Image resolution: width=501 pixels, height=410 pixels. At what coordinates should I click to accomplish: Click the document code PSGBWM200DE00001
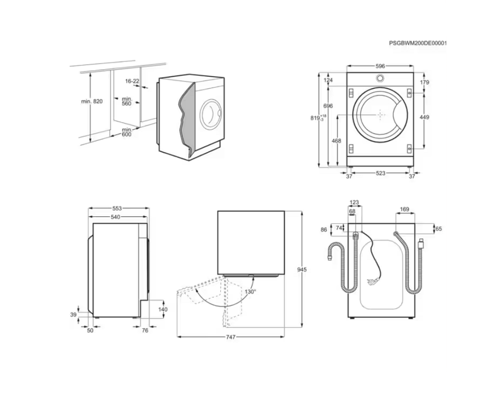coord(418,43)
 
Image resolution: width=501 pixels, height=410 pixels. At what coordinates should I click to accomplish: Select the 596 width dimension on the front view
coord(380,66)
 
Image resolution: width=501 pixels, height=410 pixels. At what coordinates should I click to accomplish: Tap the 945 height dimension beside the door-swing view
coord(302,270)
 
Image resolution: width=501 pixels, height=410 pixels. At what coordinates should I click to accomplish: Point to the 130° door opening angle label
coord(251,292)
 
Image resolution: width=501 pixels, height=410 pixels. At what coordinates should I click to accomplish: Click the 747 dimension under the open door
coord(231,337)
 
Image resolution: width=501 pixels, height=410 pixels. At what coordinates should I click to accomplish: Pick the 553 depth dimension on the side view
coord(117,209)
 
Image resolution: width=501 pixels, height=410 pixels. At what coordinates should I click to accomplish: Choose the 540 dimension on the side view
coord(115,217)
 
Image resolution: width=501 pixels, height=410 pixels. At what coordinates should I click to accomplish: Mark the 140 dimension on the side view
coord(162,310)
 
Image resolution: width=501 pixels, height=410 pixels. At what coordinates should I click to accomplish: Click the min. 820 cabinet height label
coord(92,101)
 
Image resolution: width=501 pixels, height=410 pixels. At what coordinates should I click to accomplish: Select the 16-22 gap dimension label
coord(132,81)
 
